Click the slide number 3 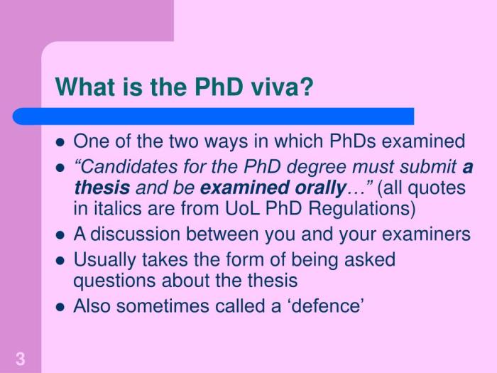(20, 359)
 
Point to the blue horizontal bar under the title (213, 116)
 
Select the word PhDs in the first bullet (353, 141)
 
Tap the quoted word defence (330, 306)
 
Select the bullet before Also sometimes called (60, 307)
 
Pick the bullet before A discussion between (60, 236)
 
